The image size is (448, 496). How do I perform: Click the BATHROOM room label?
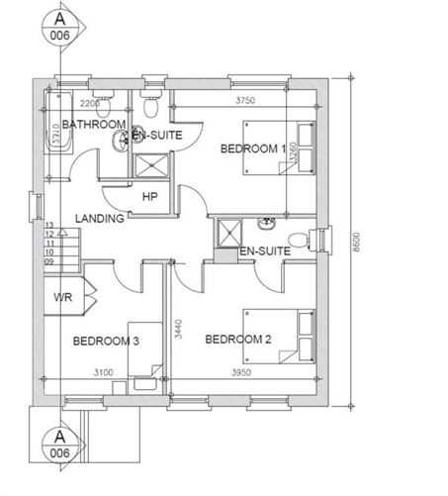(94, 124)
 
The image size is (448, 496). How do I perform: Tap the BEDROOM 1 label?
(252, 149)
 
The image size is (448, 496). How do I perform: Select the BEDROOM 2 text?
(237, 340)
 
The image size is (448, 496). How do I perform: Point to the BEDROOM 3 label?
(106, 341)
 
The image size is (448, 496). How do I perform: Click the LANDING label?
(99, 218)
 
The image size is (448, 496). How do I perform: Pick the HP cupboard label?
(150, 196)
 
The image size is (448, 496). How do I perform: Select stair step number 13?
(48, 226)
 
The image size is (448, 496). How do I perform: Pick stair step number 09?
(48, 261)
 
